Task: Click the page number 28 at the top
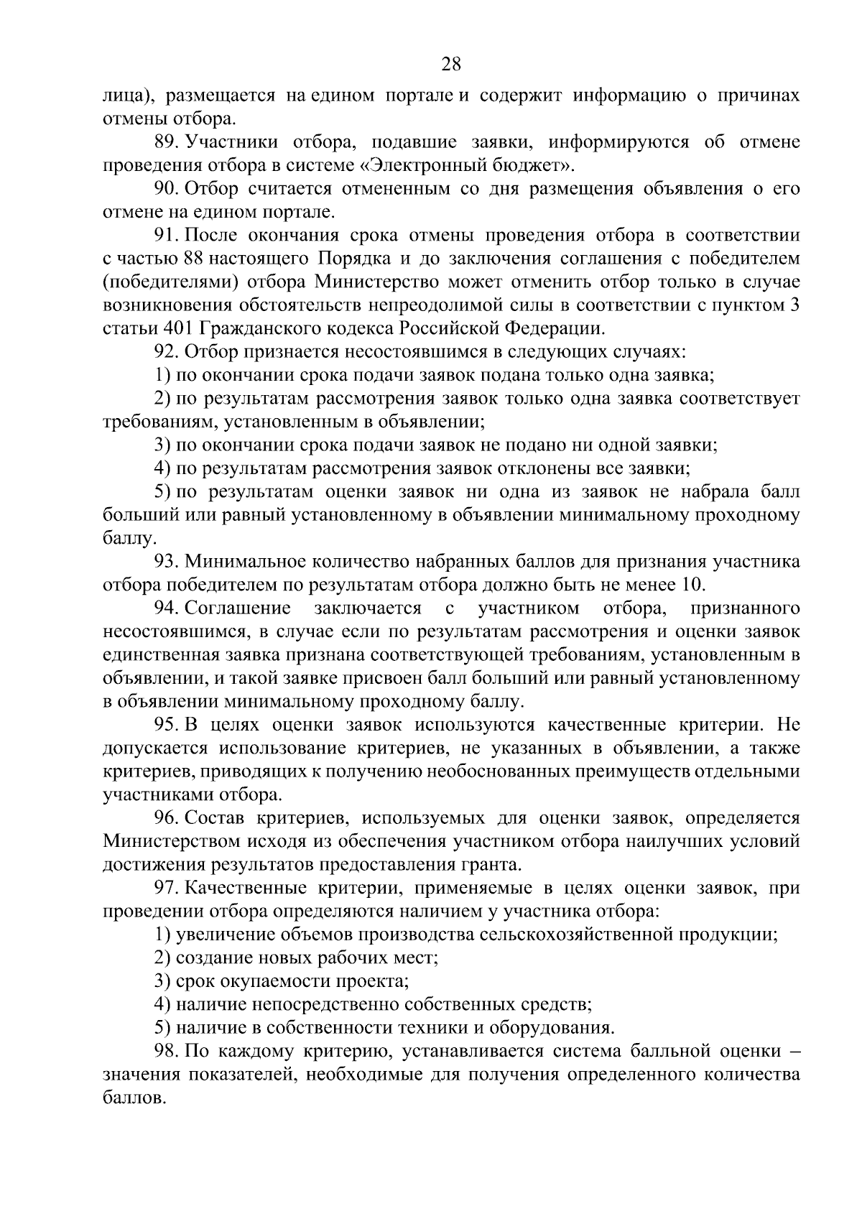pos(450,65)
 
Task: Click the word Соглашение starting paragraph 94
pos(238,608)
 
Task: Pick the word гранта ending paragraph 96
pos(491,864)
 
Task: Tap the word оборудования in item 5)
pos(554,1028)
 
